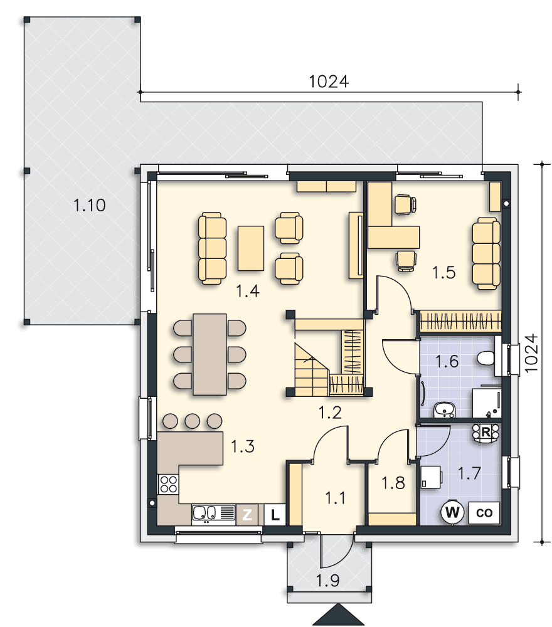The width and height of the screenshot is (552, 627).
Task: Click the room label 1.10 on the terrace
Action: [x=90, y=205]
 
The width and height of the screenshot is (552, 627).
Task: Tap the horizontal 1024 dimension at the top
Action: [x=329, y=82]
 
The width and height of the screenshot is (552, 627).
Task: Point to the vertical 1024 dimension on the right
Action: [x=531, y=353]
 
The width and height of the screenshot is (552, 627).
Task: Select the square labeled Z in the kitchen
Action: [x=247, y=514]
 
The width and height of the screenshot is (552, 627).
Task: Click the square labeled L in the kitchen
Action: [x=275, y=515]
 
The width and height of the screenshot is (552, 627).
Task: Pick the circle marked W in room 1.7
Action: [x=452, y=512]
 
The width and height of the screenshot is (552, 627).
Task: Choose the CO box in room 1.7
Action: [x=484, y=513]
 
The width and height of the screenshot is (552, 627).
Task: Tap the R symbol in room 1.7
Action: [x=486, y=432]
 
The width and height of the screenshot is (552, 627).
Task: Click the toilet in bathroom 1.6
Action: [x=486, y=358]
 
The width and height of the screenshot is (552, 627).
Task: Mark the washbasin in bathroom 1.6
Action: [x=444, y=410]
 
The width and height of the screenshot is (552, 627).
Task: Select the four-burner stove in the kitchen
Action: [x=168, y=483]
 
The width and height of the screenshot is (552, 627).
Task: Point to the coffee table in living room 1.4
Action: [x=251, y=248]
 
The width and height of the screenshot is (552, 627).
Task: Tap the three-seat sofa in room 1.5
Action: [x=486, y=253]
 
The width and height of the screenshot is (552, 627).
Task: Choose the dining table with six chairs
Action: [x=210, y=354]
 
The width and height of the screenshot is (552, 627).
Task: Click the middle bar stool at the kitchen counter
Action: [x=193, y=421]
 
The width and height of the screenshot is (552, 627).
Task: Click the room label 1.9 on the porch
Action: [x=328, y=580]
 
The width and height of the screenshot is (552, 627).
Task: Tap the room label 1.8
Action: [x=393, y=483]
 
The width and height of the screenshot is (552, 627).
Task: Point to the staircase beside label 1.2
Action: [x=311, y=369]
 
